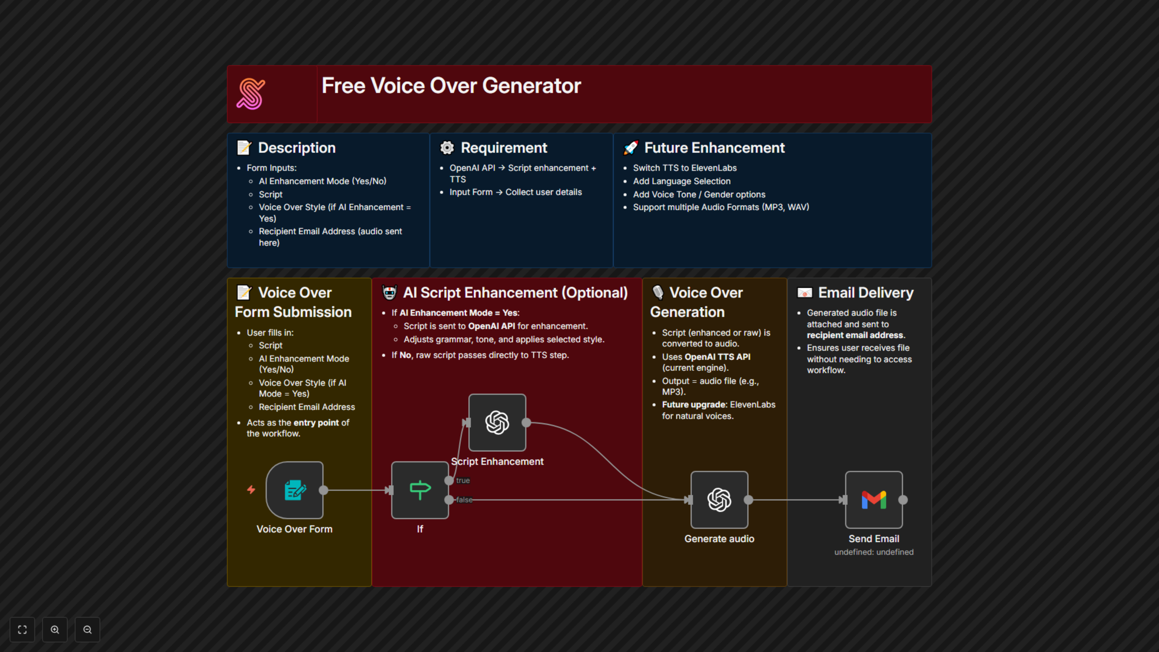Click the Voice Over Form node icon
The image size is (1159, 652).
[295, 490]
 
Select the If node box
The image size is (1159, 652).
[420, 490]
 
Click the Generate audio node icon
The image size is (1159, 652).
[719, 500]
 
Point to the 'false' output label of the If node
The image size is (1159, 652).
[464, 500]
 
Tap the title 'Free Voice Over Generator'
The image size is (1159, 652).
[451, 85]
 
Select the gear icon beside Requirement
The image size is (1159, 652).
[447, 148]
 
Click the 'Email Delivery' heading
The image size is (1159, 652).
[866, 293]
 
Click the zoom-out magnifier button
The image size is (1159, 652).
[87, 629]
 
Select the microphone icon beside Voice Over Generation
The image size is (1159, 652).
[658, 293]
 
